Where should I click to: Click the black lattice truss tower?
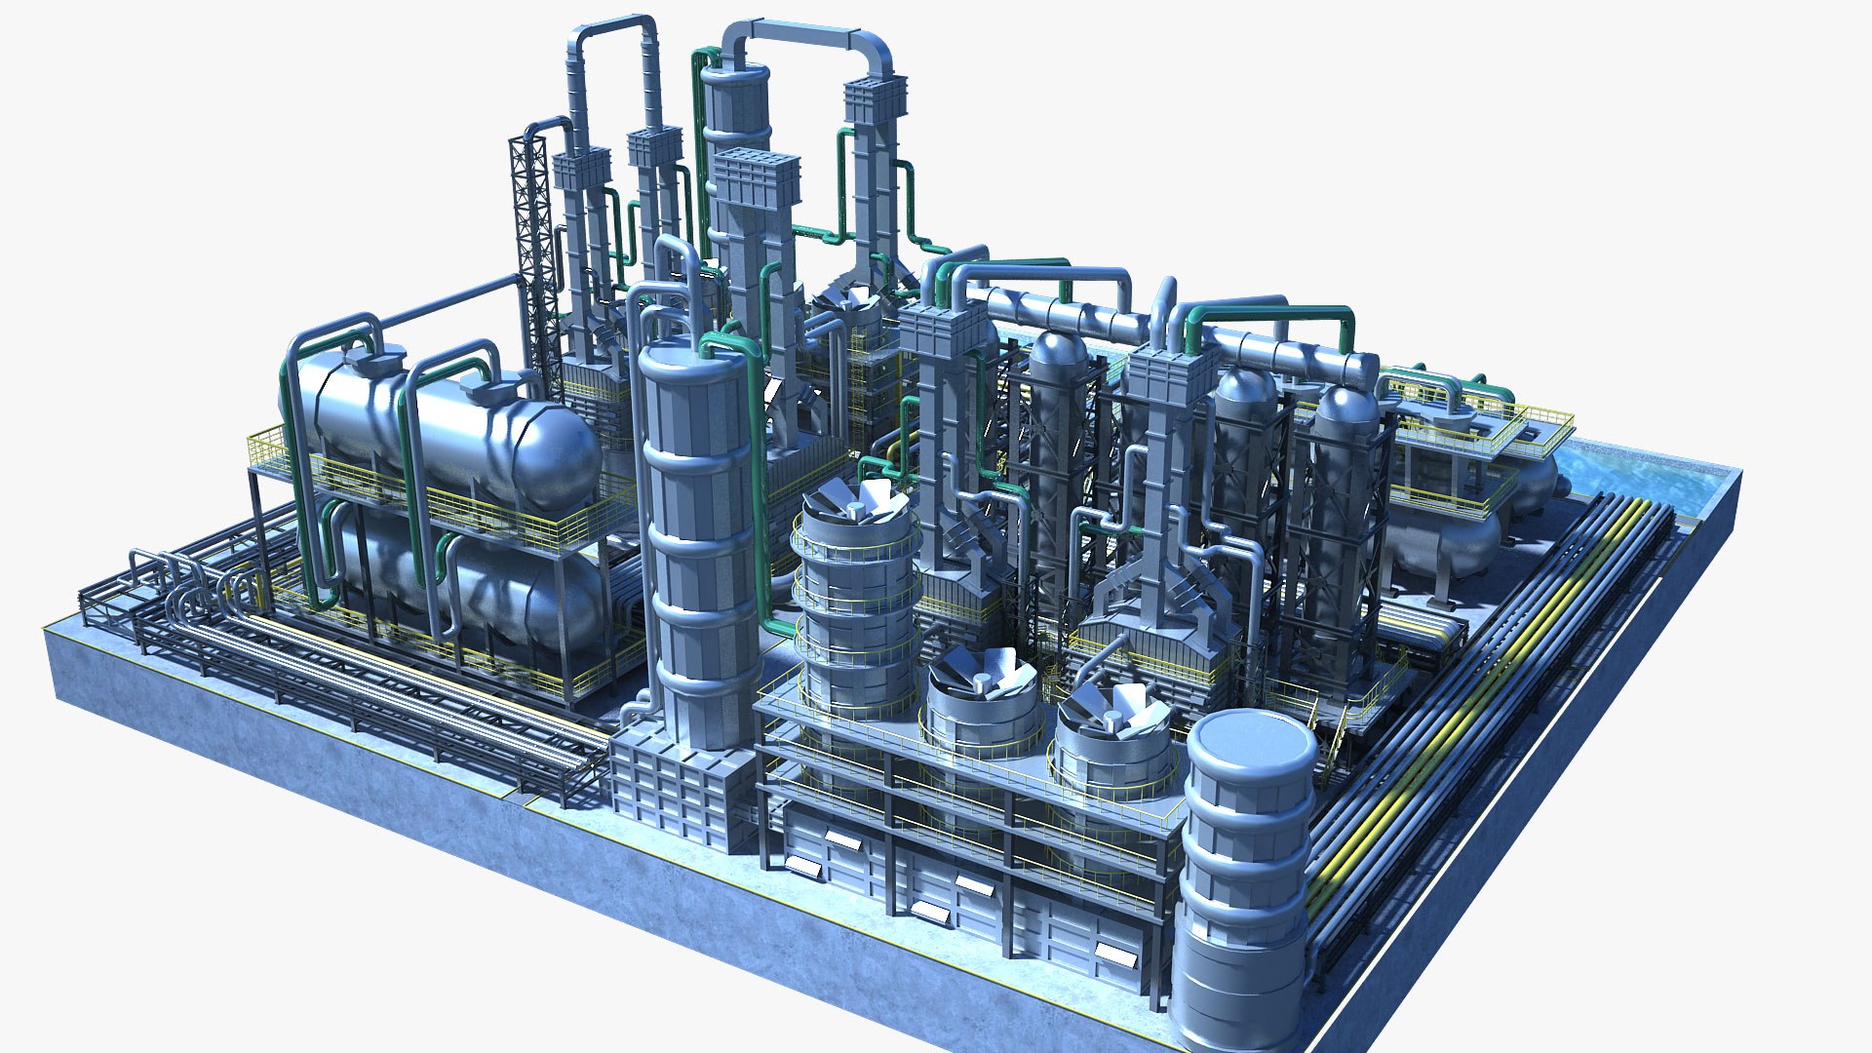(x=531, y=244)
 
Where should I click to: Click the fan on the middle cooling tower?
(x=983, y=673)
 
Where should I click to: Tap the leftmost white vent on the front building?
(x=803, y=865)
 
